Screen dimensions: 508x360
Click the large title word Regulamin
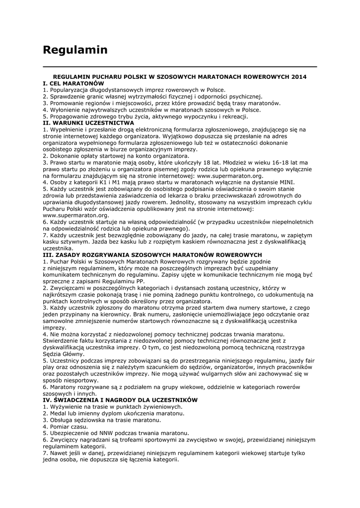coord(75,50)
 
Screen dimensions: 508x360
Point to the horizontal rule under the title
coord(180,66)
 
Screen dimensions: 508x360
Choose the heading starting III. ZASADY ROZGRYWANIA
coord(152,254)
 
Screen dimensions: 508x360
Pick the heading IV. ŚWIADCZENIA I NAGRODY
coord(120,400)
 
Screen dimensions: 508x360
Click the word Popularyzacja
coord(69,90)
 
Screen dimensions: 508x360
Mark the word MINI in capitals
coord(287,182)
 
